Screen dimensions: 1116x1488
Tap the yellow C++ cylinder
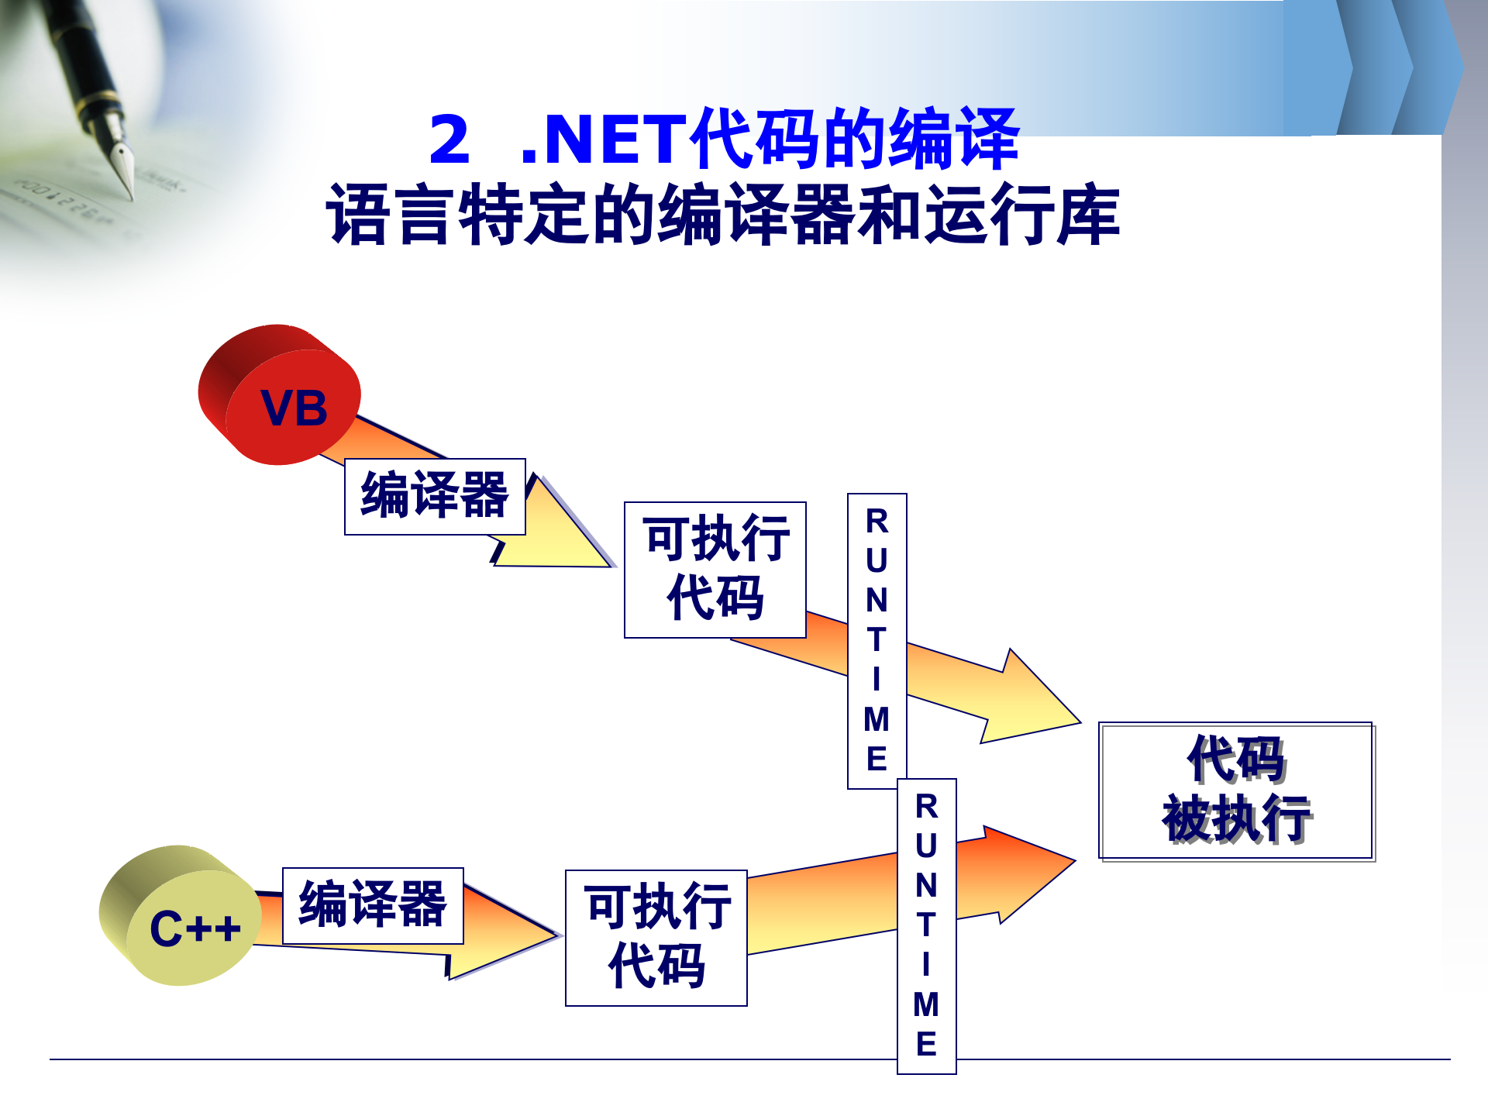(183, 918)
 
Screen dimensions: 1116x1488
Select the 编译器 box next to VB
(435, 497)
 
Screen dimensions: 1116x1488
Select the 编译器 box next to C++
(373, 906)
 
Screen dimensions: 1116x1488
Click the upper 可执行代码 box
(715, 570)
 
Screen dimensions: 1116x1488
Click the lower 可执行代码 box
(656, 938)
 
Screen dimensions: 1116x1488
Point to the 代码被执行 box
(1236, 790)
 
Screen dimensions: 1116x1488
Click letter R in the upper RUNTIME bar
(877, 522)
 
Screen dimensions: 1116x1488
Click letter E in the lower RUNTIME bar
(926, 1044)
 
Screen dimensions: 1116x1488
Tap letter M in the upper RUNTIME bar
(877, 720)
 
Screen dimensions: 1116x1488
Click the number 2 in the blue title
(449, 140)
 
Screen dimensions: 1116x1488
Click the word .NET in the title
(604, 140)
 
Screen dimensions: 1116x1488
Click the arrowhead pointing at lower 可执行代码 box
(511, 934)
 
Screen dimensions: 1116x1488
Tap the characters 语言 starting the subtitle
(387, 215)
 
